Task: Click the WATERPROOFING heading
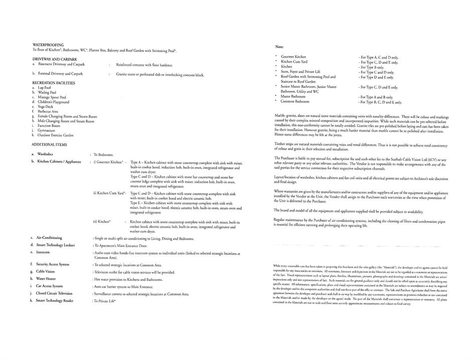48,45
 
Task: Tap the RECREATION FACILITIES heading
54,82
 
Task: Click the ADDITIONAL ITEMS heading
49,145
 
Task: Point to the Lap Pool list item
44,87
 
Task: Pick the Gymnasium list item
47,130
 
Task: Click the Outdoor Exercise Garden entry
55,135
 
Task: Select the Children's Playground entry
53,102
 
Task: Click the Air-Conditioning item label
50,237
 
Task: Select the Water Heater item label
48,279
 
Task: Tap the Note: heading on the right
280,46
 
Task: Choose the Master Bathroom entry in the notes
293,96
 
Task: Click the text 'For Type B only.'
371,67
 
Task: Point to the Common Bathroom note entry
295,101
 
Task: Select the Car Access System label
52,286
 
